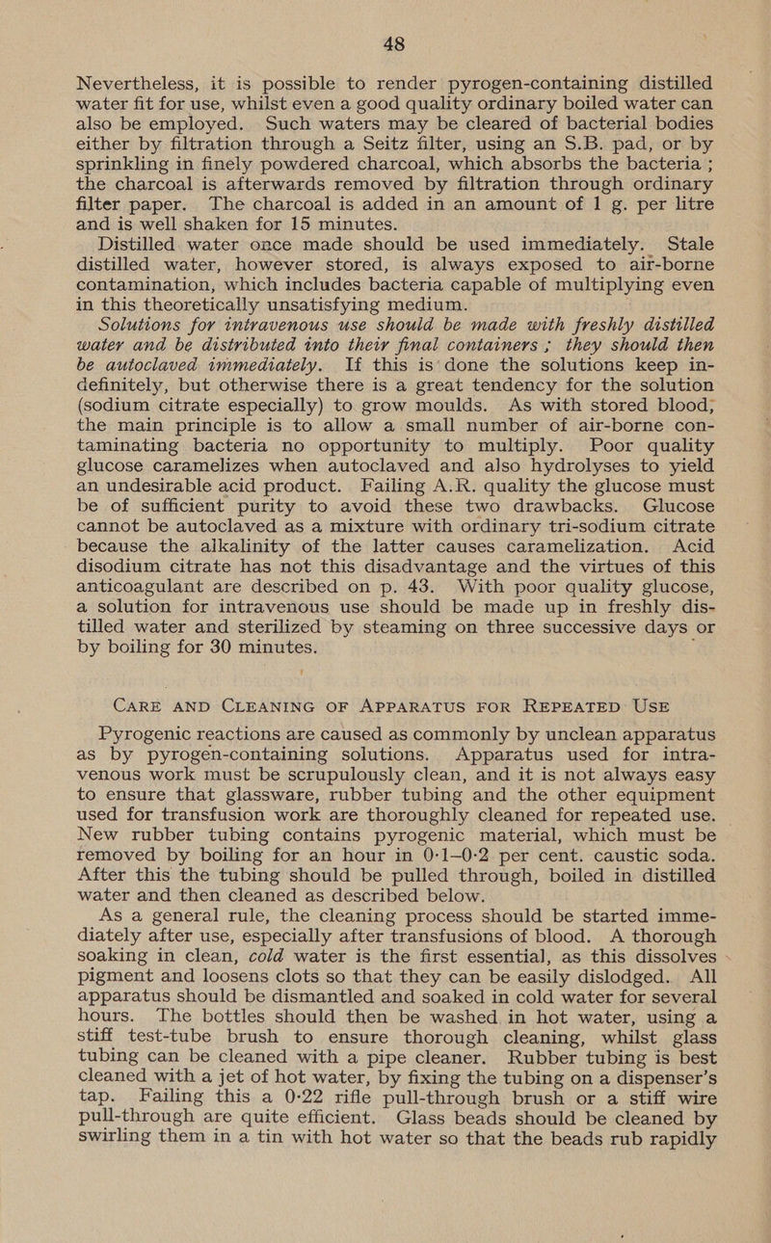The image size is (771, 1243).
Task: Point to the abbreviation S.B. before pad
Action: tap(521, 125)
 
